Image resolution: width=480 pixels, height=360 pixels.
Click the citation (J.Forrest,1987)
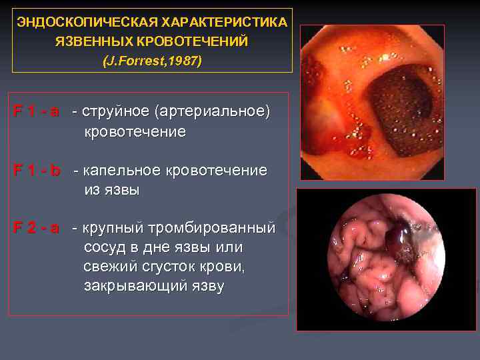[x=152, y=61]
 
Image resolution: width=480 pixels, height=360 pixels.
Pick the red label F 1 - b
[x=37, y=171]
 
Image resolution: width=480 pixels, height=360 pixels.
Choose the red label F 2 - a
[x=37, y=229]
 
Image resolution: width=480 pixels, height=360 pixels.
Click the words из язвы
[x=112, y=190]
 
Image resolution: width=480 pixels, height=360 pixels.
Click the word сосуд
[x=103, y=248]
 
